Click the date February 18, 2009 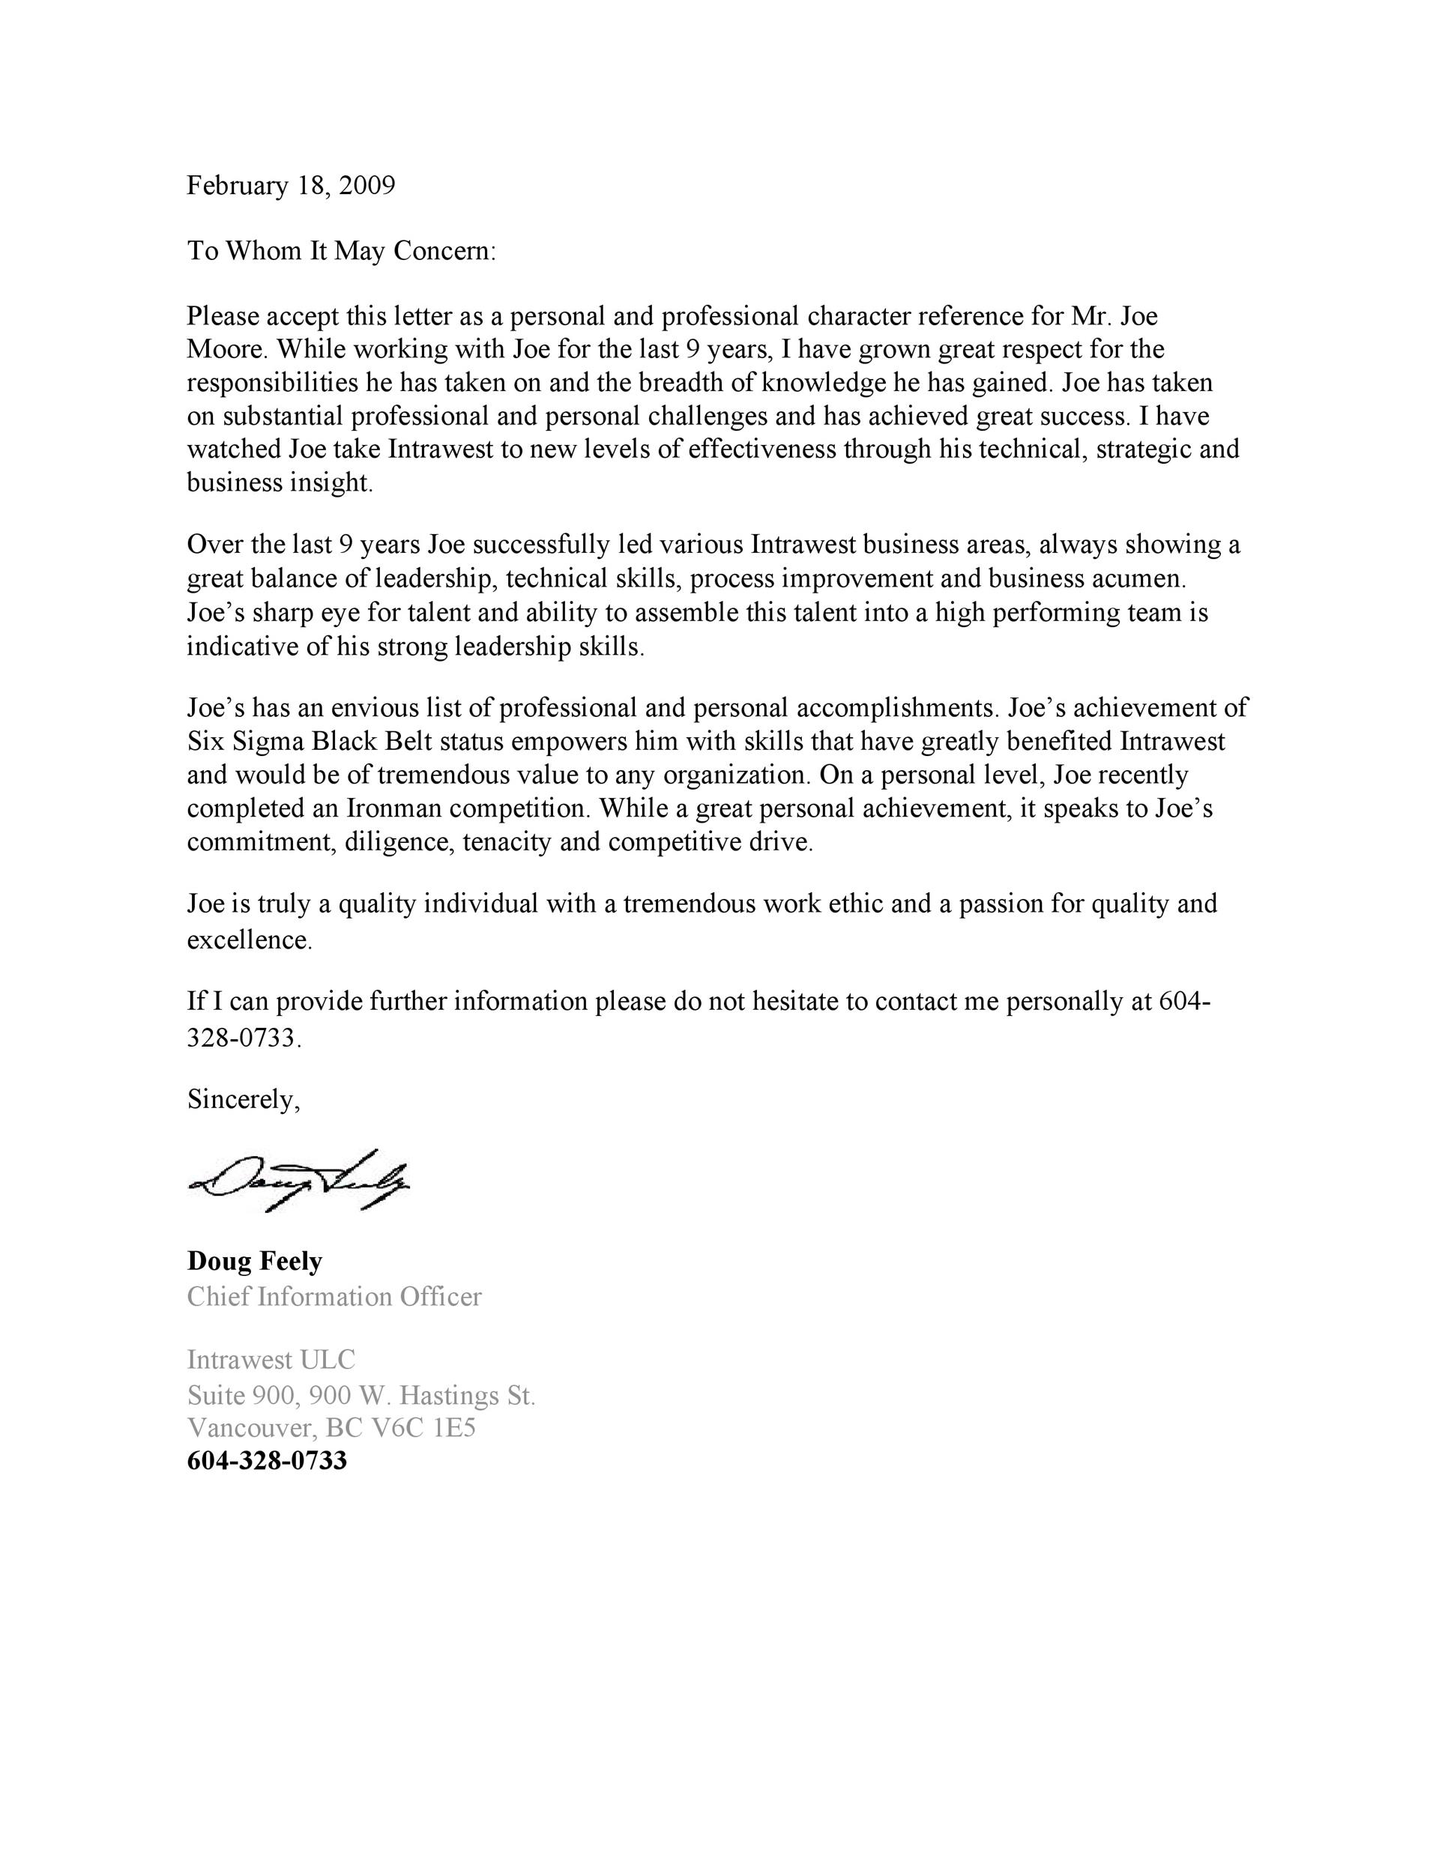291,185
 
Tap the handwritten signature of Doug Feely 298,1180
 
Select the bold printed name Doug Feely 255,1261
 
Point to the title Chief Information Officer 334,1296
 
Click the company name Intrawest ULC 271,1359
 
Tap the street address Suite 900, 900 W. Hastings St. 361,1395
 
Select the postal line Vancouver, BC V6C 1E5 331,1428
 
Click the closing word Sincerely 244,1099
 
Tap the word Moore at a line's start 225,349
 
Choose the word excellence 248,941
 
